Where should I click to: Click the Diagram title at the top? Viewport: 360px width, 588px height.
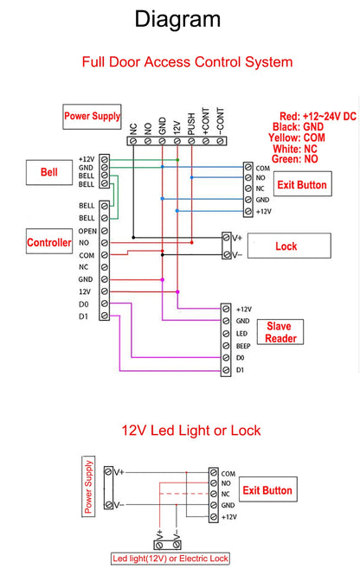click(178, 19)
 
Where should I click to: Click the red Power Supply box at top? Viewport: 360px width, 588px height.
click(92, 115)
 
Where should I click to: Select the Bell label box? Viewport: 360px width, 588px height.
click(49, 172)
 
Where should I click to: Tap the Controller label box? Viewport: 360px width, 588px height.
click(49, 243)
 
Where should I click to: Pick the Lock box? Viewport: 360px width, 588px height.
click(286, 246)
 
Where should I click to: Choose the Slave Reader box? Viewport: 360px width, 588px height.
click(279, 332)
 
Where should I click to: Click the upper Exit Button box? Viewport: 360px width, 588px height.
click(301, 185)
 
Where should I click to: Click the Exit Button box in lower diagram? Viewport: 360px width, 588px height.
click(267, 490)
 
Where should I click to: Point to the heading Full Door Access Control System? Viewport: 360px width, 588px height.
click(187, 62)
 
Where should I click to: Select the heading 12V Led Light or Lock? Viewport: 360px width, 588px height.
click(190, 430)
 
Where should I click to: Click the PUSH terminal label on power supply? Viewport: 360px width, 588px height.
click(191, 127)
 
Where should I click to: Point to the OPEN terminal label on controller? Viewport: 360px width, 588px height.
click(87, 232)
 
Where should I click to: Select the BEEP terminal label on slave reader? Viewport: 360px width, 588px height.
click(244, 345)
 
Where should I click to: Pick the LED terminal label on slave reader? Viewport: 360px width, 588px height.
click(242, 333)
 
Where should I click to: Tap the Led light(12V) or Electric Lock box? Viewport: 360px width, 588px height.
click(170, 559)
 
